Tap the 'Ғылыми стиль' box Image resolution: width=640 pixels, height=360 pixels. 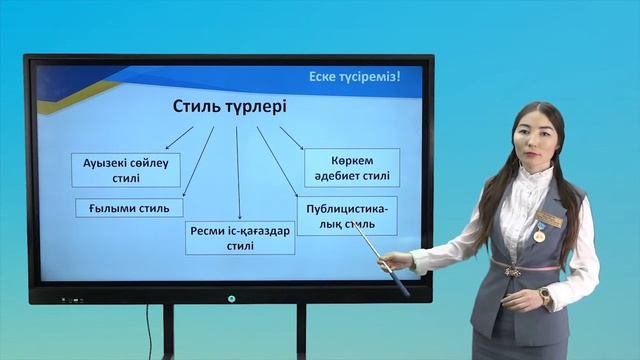(x=129, y=208)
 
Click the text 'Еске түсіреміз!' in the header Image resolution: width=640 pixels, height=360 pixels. (x=360, y=76)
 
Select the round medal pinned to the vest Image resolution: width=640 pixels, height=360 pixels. (x=539, y=236)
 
